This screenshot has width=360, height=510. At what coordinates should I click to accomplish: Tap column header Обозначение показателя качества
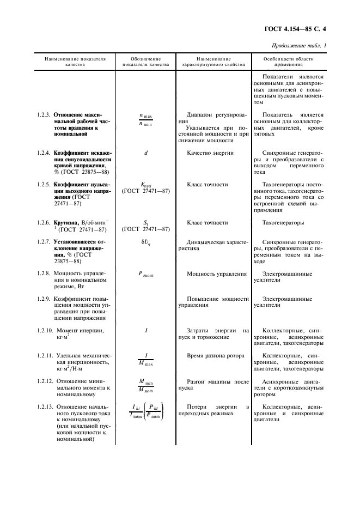[145, 62]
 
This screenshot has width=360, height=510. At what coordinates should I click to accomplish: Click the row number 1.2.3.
[44, 116]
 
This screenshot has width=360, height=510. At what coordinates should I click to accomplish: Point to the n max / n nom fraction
[145, 120]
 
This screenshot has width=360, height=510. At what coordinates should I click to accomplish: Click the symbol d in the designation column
[146, 153]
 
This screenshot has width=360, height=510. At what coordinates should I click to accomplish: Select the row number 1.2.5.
[44, 185]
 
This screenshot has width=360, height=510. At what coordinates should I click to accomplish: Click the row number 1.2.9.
[44, 299]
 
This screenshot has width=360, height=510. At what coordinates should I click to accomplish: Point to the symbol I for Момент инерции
[146, 331]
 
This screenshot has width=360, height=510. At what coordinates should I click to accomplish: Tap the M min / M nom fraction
[145, 385]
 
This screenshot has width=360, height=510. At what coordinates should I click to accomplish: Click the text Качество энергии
[210, 153]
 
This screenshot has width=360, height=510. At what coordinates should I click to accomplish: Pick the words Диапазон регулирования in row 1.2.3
[213, 119]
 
